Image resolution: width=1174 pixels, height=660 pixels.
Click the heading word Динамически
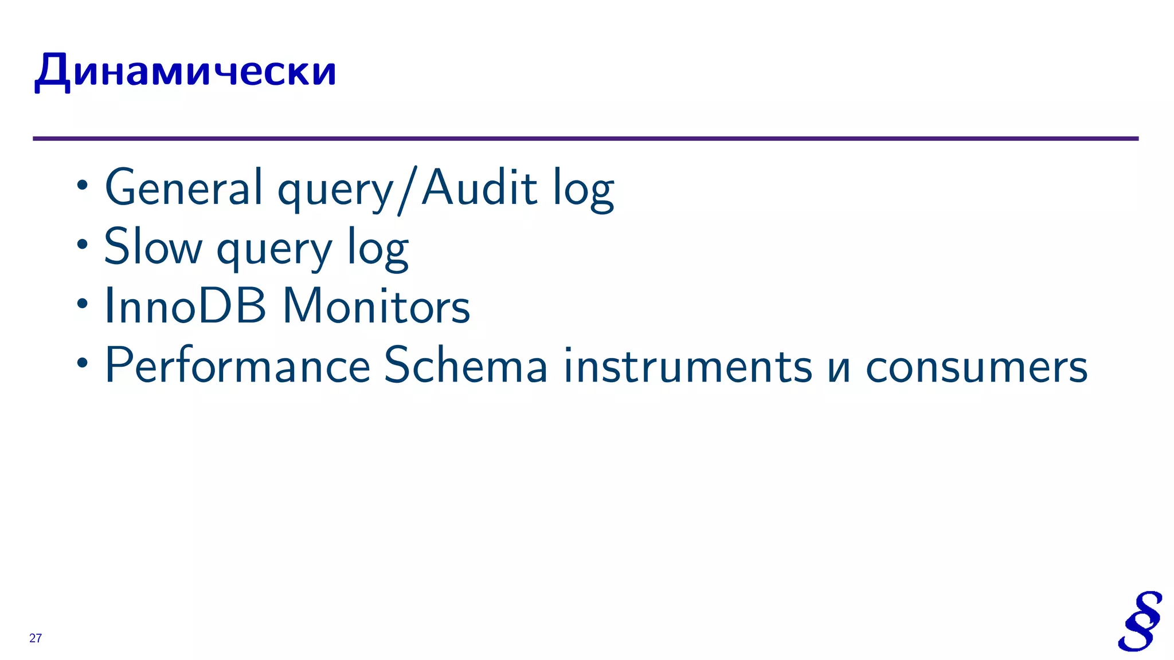[x=185, y=71]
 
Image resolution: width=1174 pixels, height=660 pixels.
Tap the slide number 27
[x=36, y=638]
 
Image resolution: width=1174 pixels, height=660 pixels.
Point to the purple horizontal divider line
[x=585, y=139]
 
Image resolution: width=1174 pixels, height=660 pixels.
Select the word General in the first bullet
[x=183, y=187]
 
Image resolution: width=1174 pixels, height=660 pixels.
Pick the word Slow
[x=153, y=247]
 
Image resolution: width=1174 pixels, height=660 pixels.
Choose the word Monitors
[x=376, y=306]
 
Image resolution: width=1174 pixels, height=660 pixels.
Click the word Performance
[x=237, y=366]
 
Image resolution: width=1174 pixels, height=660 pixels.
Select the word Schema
[x=465, y=366]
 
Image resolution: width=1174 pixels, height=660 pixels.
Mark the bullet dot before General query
[x=83, y=186]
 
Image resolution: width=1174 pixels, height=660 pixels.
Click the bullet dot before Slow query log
[x=83, y=245]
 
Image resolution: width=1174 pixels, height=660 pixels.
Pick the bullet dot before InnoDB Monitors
[x=83, y=304]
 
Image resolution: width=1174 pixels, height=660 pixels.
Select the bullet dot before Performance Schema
[x=83, y=363]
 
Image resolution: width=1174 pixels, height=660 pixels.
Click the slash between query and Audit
[x=407, y=189]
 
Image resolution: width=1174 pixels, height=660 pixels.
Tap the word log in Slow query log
[x=378, y=249]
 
